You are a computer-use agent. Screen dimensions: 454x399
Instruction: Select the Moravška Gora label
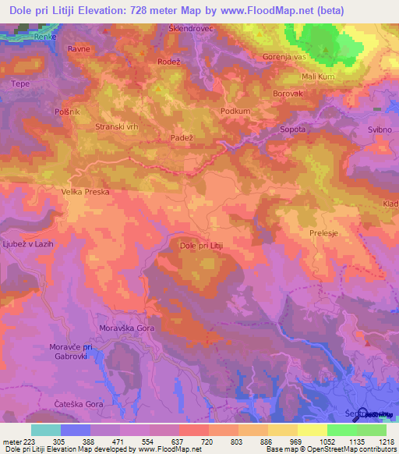point(126,328)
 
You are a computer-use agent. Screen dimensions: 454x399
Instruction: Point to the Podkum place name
point(235,112)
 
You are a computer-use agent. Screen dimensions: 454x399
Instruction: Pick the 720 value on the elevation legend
point(207,441)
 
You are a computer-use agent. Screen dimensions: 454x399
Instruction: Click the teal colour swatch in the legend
point(45,430)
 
